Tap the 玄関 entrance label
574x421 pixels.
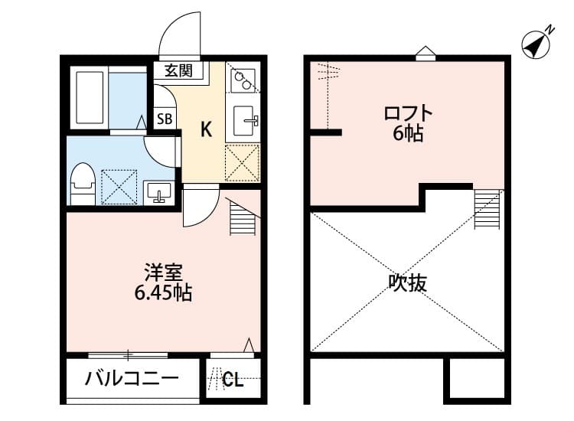click(179, 71)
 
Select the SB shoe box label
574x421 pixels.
click(165, 119)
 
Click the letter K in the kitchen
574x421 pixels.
click(206, 129)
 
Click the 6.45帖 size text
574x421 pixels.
click(163, 292)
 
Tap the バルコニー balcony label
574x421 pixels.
click(132, 378)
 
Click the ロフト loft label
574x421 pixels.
click(408, 114)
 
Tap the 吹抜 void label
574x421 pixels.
click(407, 282)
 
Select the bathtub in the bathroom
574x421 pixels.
click(89, 98)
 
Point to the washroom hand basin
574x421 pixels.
click(159, 190)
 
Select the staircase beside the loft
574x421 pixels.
click(487, 208)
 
